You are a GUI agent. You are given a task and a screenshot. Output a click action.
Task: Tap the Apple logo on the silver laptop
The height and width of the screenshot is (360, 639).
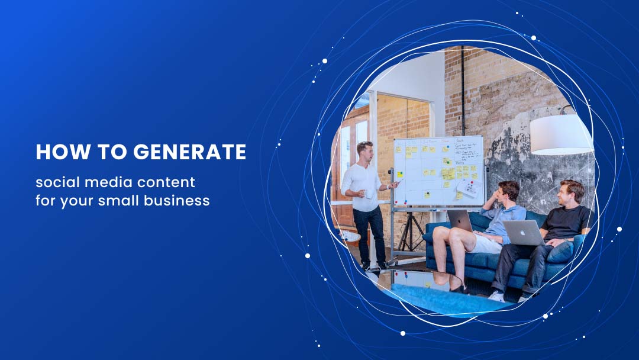[522, 233]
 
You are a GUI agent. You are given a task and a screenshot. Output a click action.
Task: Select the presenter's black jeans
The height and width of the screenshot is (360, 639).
[369, 234]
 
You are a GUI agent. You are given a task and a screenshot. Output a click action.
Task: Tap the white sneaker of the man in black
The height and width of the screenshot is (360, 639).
[497, 296]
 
